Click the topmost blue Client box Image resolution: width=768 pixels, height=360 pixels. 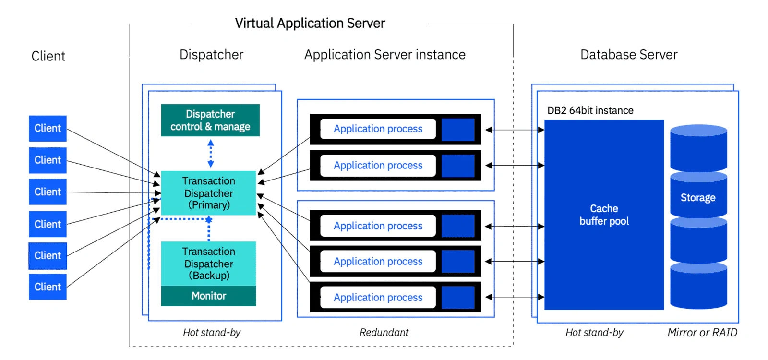(x=48, y=128)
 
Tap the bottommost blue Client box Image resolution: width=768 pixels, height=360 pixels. (x=48, y=287)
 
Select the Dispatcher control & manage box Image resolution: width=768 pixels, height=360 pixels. (x=210, y=120)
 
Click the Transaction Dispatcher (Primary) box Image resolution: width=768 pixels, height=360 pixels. (x=209, y=193)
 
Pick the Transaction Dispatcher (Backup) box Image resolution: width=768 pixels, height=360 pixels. (x=209, y=263)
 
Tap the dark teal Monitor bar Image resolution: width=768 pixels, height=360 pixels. (x=209, y=296)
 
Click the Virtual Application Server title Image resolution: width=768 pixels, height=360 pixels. (x=310, y=23)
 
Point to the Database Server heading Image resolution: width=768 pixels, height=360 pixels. (x=629, y=55)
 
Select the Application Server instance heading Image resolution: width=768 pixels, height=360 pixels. (x=385, y=55)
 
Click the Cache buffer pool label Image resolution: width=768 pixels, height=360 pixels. (x=604, y=215)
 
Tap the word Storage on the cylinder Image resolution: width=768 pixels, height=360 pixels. (x=698, y=197)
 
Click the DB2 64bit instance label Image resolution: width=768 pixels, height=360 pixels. (x=590, y=110)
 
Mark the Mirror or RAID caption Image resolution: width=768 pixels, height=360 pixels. (x=702, y=332)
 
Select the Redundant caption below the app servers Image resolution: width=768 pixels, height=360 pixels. (x=384, y=332)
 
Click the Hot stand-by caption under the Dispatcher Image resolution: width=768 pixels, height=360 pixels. (x=212, y=332)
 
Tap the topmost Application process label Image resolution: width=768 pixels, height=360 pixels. (x=378, y=129)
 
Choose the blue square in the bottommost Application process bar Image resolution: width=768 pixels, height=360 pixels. (x=458, y=297)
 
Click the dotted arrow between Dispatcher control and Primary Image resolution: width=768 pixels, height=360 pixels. (x=210, y=153)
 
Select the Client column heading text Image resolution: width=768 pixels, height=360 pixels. (x=48, y=56)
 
